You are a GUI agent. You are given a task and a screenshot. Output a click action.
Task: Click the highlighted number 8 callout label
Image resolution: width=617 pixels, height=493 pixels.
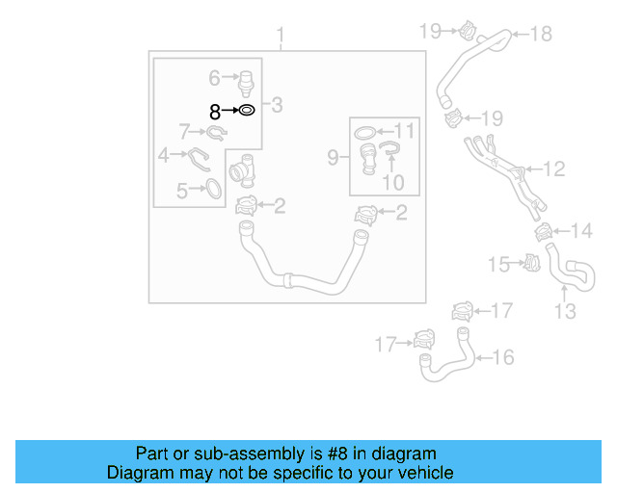[x=216, y=112]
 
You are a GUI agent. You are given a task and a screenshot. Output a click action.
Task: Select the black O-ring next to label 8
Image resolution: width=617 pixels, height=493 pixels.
[x=246, y=111]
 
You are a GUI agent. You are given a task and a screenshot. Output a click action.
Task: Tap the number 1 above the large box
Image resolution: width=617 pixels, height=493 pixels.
[x=281, y=38]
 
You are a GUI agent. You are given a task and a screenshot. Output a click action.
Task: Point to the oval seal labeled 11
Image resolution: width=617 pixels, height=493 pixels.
[x=365, y=131]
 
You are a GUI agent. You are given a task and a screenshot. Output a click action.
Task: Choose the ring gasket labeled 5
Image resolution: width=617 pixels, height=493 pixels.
[x=214, y=190]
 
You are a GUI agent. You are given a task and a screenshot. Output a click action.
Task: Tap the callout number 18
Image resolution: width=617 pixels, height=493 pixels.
[x=541, y=35]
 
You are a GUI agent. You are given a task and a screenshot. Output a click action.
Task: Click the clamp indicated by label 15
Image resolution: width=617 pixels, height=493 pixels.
[x=528, y=262]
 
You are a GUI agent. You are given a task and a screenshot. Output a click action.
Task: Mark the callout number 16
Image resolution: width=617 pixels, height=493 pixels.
[x=502, y=358]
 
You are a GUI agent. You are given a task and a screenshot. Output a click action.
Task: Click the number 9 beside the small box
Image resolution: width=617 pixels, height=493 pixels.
[x=332, y=155]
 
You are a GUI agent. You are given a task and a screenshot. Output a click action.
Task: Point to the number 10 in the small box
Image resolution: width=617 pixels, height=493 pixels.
[x=392, y=182]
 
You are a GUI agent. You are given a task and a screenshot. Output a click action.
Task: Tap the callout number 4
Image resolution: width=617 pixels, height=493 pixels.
[x=164, y=154]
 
